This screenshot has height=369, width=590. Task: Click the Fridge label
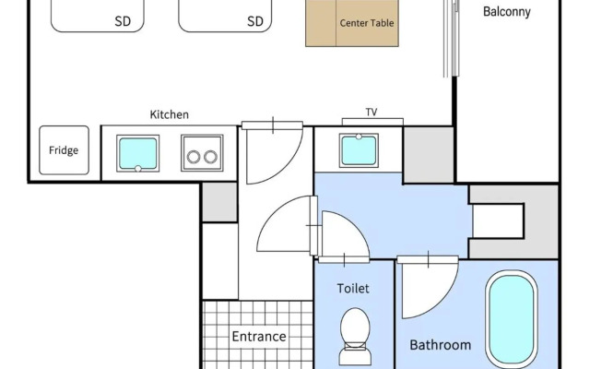64,150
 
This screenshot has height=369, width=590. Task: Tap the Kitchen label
170,114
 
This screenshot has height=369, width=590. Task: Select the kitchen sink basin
137,153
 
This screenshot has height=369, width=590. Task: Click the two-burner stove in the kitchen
202,153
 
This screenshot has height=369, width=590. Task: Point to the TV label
372,112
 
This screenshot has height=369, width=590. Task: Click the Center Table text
367,23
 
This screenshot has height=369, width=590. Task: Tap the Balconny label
507,12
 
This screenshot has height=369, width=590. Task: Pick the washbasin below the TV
359,150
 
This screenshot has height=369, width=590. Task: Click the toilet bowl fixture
355,336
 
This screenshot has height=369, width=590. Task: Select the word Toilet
353,289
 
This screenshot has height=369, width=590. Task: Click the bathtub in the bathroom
512,319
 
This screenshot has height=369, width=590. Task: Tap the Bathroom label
441,345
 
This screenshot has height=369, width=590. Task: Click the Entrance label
259,336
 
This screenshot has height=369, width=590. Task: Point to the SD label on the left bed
123,21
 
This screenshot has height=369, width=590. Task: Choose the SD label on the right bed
255,21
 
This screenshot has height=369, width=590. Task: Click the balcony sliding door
451,38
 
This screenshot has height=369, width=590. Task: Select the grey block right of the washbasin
429,155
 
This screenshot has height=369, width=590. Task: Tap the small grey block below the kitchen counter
219,202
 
